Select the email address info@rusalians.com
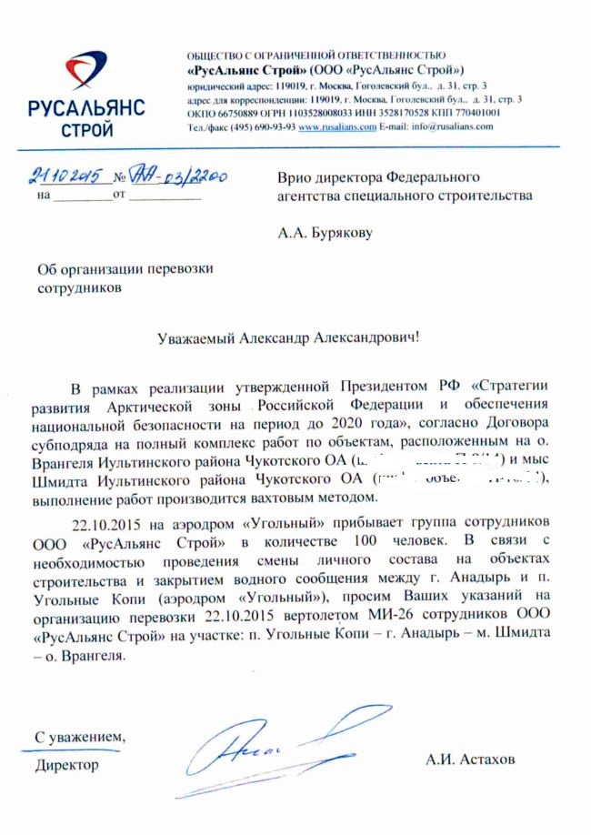click(x=454, y=127)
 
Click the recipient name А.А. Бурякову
click(x=325, y=232)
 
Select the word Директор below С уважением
click(x=66, y=765)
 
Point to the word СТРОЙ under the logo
click(x=86, y=129)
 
